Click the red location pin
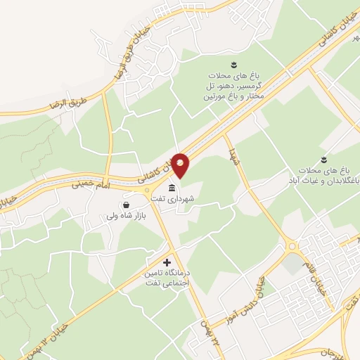[x=181, y=165]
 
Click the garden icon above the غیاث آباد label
[x=324, y=159]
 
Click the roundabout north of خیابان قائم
[x=292, y=246]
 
